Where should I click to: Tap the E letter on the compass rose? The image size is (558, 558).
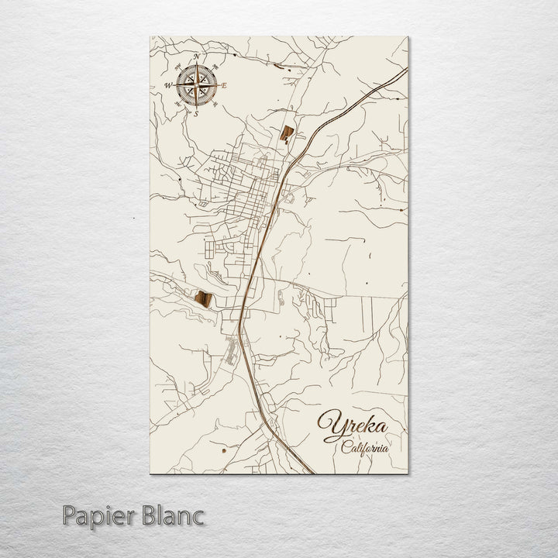click(224, 85)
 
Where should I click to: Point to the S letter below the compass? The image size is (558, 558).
click(196, 113)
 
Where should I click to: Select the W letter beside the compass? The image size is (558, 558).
click(168, 85)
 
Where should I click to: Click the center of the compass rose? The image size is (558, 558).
click(197, 85)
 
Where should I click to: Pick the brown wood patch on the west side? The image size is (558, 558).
click(205, 298)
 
